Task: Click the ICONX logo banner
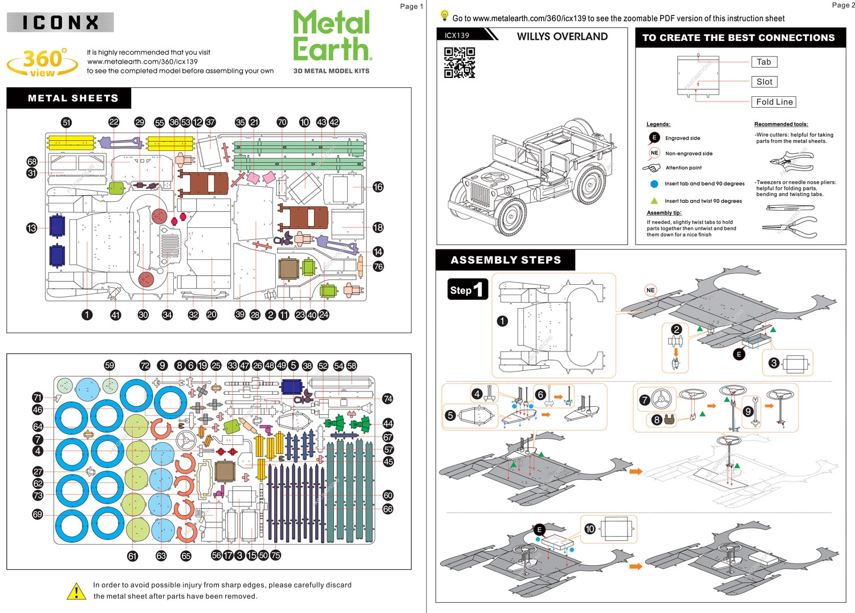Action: click(60, 22)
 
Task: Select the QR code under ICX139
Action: click(459, 62)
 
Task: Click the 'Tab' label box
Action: click(764, 62)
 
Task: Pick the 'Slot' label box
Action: click(764, 82)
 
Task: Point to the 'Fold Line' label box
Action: click(774, 102)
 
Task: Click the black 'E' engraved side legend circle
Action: click(654, 138)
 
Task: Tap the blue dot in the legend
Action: click(654, 184)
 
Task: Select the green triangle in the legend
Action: click(654, 201)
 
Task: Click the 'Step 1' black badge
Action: click(467, 289)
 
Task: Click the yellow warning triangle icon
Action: click(76, 591)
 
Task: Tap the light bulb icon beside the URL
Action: click(445, 17)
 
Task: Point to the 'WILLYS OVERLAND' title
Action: click(562, 36)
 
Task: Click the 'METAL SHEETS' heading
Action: click(73, 98)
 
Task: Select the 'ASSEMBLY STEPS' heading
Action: click(506, 260)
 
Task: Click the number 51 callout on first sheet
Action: click(67, 122)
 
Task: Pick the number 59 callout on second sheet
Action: click(109, 365)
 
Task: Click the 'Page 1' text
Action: click(412, 6)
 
